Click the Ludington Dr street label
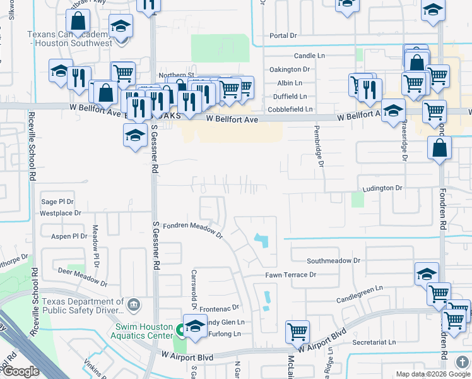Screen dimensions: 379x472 tap(382, 188)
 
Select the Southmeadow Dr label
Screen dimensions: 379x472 tap(333, 260)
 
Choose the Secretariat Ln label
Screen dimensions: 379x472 tap(374, 342)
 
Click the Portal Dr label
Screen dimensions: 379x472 tap(283, 35)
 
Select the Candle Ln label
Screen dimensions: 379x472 tap(309, 56)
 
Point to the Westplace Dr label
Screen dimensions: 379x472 tap(61, 213)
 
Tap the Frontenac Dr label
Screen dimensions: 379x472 tap(227, 308)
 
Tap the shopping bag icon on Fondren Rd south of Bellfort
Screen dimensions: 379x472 tap(439, 148)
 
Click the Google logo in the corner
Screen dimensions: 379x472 tap(21, 371)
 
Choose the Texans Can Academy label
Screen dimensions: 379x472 tap(69, 39)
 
